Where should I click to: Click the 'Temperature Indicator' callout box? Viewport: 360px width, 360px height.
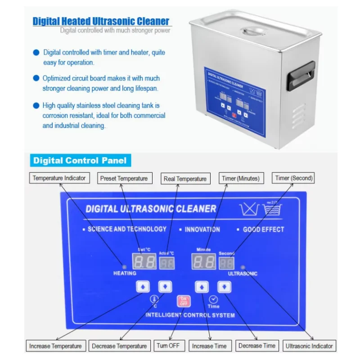[x=59, y=178]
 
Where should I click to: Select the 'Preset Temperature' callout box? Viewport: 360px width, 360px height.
[x=124, y=178]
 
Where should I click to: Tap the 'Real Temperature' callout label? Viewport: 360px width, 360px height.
[x=185, y=179]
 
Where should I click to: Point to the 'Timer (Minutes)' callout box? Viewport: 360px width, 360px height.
[x=241, y=178]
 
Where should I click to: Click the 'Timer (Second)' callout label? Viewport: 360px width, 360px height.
[x=294, y=178]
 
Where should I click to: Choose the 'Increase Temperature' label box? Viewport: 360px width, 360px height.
[x=55, y=346]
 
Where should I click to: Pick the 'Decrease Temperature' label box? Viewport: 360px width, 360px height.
[x=119, y=346]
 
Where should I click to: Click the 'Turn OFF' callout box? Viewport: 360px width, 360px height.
[x=168, y=346]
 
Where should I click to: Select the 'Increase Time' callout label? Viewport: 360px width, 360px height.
[x=209, y=346]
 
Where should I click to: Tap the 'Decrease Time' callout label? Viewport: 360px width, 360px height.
[x=256, y=346]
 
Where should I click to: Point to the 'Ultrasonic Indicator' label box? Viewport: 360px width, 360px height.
[x=309, y=346]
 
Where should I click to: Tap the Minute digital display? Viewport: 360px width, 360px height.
[x=204, y=261]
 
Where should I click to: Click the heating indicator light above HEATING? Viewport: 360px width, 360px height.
[x=124, y=266]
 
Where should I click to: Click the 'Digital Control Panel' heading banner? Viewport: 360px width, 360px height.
[x=80, y=161]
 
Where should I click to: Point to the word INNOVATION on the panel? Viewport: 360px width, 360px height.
[x=202, y=229]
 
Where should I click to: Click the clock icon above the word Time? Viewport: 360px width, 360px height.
[x=213, y=299]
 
